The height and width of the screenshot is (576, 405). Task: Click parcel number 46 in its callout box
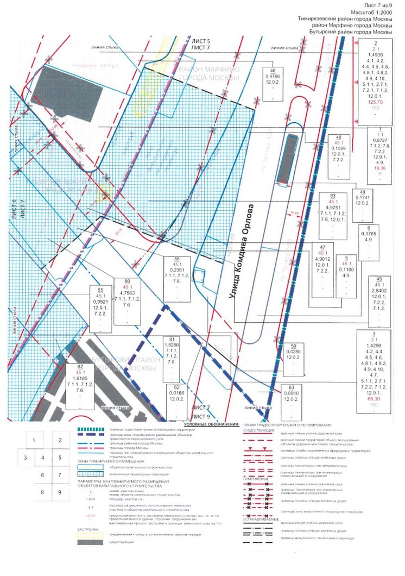(274, 72)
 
